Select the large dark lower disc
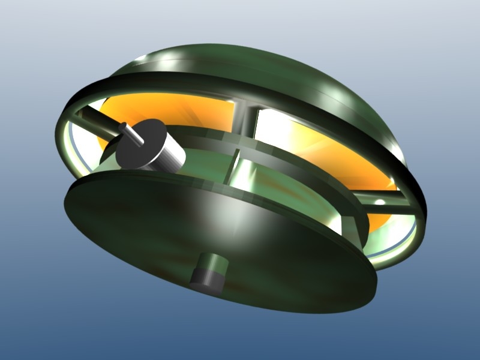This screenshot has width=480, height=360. point(150,228)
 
